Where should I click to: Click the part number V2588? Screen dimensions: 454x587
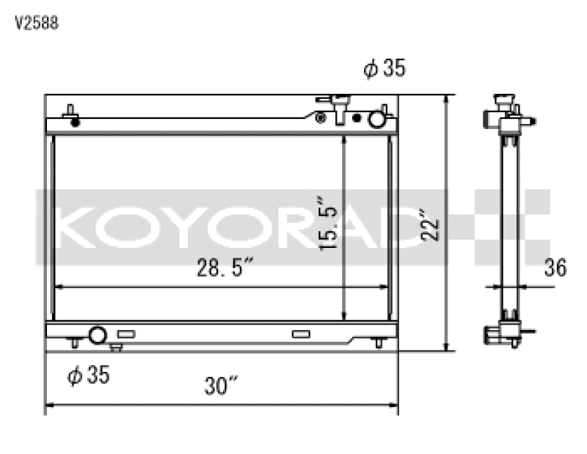pyautogui.click(x=37, y=23)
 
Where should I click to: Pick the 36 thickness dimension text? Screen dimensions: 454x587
pyautogui.click(x=555, y=268)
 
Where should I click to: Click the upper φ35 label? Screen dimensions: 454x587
pyautogui.click(x=384, y=69)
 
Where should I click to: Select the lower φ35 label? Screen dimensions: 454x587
pyautogui.click(x=88, y=376)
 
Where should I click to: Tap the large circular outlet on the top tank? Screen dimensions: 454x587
pyautogui.click(x=376, y=118)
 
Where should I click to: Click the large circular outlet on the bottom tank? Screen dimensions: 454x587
pyautogui.click(x=98, y=336)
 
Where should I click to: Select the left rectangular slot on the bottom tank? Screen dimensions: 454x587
pyautogui.click(x=126, y=334)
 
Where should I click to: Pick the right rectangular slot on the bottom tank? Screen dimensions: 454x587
pyautogui.click(x=301, y=334)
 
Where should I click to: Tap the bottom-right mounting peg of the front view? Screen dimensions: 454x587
pyautogui.click(x=379, y=343)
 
